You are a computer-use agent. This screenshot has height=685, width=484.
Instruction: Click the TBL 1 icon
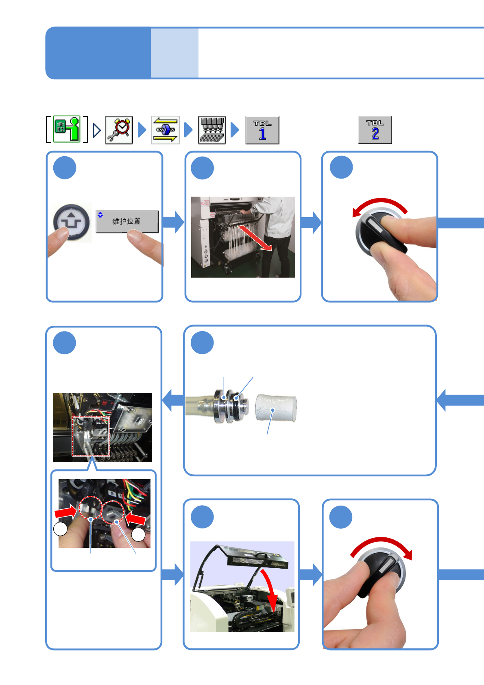click(x=262, y=130)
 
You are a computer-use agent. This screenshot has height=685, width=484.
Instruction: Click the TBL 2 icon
click(x=375, y=130)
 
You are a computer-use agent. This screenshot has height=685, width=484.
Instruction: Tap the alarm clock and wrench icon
click(x=119, y=130)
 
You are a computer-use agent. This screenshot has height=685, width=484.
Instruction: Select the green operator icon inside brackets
click(x=67, y=129)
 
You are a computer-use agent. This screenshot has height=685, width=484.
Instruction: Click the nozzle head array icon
click(x=212, y=130)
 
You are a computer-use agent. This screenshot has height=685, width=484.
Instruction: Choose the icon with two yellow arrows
click(x=166, y=130)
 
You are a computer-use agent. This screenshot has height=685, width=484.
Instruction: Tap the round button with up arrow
click(x=72, y=222)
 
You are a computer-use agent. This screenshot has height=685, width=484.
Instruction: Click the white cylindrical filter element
click(x=276, y=408)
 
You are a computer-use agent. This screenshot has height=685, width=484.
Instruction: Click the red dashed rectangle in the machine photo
click(x=91, y=436)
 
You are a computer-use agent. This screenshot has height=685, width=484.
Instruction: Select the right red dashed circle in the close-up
click(x=113, y=513)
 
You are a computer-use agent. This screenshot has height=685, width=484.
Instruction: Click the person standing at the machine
click(x=277, y=232)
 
